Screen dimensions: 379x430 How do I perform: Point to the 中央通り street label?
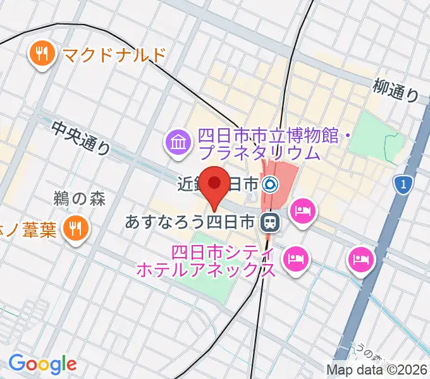tap(81, 138)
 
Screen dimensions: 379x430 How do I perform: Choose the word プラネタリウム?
tap(260, 153)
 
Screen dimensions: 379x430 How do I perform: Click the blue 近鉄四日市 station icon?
tap(270, 184)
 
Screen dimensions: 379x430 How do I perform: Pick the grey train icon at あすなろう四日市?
tap(270, 222)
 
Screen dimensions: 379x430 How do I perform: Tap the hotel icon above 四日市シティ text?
tap(295, 257)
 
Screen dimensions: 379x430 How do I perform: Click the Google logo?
tap(42, 363)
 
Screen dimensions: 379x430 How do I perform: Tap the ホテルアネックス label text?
tap(206, 270)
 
